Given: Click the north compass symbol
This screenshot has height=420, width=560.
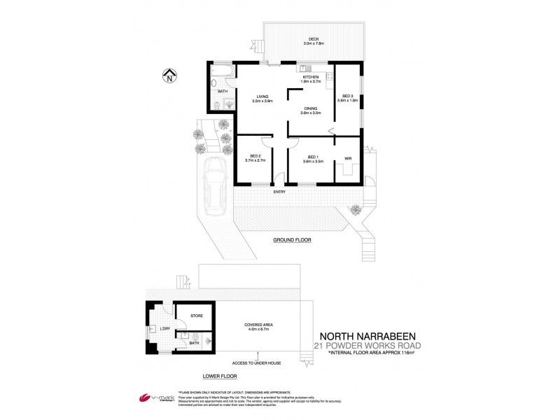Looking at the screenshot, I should pos(170,76).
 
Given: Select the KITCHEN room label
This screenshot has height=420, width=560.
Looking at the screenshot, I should pos(311,77).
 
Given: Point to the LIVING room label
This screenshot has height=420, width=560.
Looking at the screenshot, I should pos(262,97).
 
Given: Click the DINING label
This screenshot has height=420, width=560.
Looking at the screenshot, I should pos(311,108).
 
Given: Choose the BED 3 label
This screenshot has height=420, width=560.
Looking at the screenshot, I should pos(348,96).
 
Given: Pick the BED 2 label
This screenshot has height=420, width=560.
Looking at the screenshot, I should pos(255,156).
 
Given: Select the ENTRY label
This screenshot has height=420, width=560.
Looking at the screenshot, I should pos(279,192).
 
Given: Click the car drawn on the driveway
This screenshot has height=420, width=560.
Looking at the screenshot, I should pos(213,183).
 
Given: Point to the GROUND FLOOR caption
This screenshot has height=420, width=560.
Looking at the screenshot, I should pos(292,240).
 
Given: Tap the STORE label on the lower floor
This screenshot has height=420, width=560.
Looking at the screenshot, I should pos(196,316).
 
